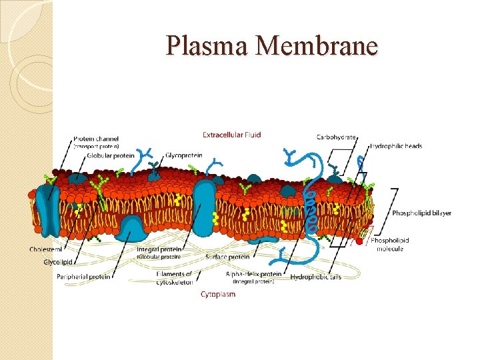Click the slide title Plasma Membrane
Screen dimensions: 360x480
(272, 46)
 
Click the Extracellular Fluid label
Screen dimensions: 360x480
(232, 135)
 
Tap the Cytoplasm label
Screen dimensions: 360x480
(218, 294)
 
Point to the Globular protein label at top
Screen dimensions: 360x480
(111, 156)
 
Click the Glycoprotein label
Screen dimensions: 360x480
(183, 155)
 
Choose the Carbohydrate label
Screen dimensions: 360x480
(336, 137)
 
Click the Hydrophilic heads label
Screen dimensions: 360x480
(396, 146)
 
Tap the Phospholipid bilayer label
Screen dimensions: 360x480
(421, 213)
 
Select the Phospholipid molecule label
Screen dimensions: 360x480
(390, 244)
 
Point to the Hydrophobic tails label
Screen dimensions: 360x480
(315, 277)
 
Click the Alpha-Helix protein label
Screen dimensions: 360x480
(253, 274)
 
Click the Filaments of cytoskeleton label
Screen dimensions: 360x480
(175, 277)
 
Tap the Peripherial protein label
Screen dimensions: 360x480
(84, 276)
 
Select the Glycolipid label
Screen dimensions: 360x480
(58, 262)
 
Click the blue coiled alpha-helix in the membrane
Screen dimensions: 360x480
(309, 207)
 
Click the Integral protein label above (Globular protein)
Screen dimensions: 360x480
(159, 249)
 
